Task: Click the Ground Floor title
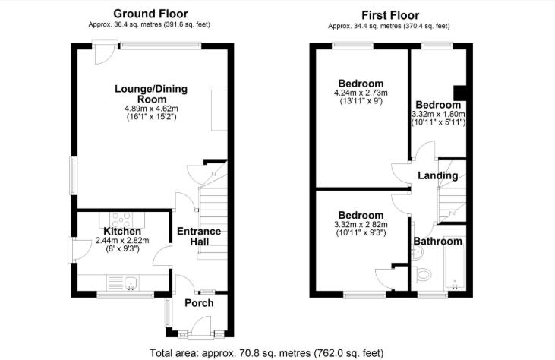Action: click(x=150, y=14)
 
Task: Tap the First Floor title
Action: click(x=390, y=15)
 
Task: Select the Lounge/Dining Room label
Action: click(x=151, y=94)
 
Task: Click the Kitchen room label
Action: click(x=122, y=231)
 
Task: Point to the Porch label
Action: click(x=199, y=303)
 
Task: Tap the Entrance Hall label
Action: click(x=199, y=236)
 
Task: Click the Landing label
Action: click(x=438, y=175)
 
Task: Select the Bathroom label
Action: click(x=438, y=242)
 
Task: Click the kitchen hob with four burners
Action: click(x=121, y=219)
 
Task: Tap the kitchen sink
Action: click(x=131, y=283)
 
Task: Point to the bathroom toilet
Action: click(x=421, y=274)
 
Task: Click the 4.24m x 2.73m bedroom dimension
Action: click(x=361, y=93)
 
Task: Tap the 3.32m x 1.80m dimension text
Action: click(x=438, y=115)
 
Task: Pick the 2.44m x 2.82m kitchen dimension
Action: click(x=122, y=241)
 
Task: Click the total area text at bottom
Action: click(x=266, y=353)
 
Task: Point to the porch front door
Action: click(x=201, y=327)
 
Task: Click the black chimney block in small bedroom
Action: click(x=460, y=93)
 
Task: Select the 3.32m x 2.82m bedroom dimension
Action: click(x=361, y=224)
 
